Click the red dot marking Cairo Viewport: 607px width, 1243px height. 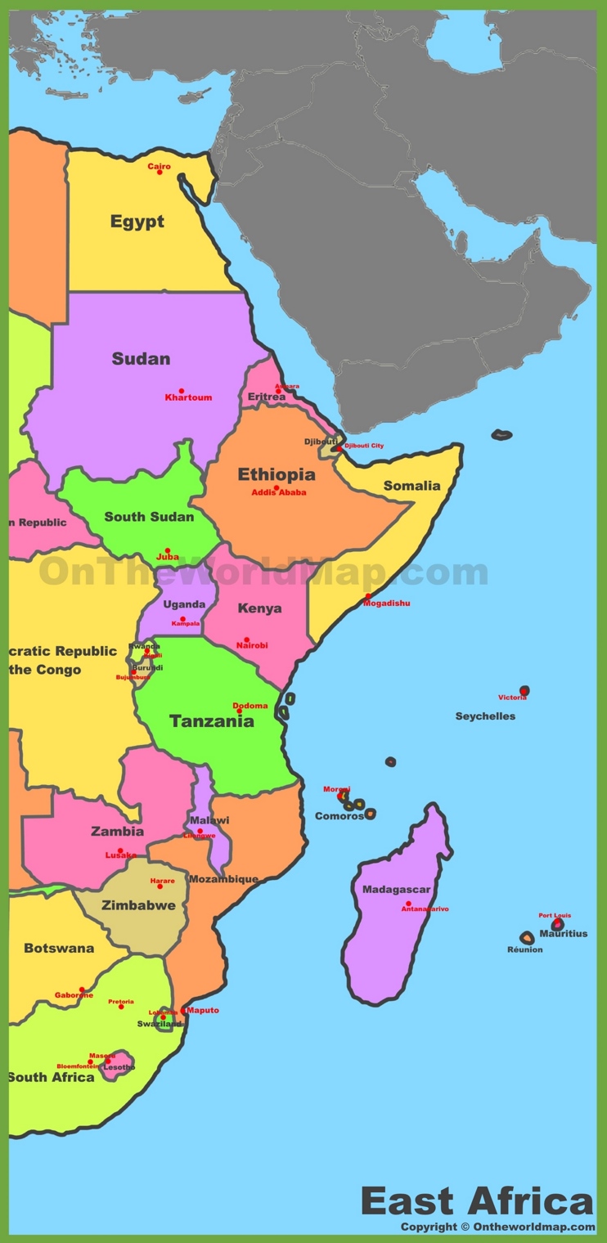tap(160, 172)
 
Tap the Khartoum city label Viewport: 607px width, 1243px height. tap(188, 398)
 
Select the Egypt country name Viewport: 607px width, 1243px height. tap(137, 222)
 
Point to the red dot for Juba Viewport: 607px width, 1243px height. tap(168, 550)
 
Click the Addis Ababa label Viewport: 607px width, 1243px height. tap(279, 492)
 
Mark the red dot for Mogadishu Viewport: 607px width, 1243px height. tap(368, 596)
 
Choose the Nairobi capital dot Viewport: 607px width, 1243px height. tap(246, 639)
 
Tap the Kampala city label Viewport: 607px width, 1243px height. tap(186, 624)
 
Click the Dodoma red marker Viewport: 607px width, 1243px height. tap(239, 711)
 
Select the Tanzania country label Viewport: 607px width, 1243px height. tap(211, 721)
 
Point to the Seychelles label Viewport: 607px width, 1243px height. tap(485, 716)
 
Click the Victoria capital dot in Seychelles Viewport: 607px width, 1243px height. tap(524, 691)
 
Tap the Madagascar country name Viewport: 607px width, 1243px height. tap(396, 890)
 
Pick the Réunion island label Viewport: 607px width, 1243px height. tap(524, 949)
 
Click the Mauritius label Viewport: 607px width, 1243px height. tap(563, 934)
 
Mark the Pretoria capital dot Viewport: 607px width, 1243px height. tap(121, 1007)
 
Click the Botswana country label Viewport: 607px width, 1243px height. tap(59, 949)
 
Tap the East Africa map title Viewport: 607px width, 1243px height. tap(476, 1202)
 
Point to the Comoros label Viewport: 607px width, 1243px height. tap(339, 816)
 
